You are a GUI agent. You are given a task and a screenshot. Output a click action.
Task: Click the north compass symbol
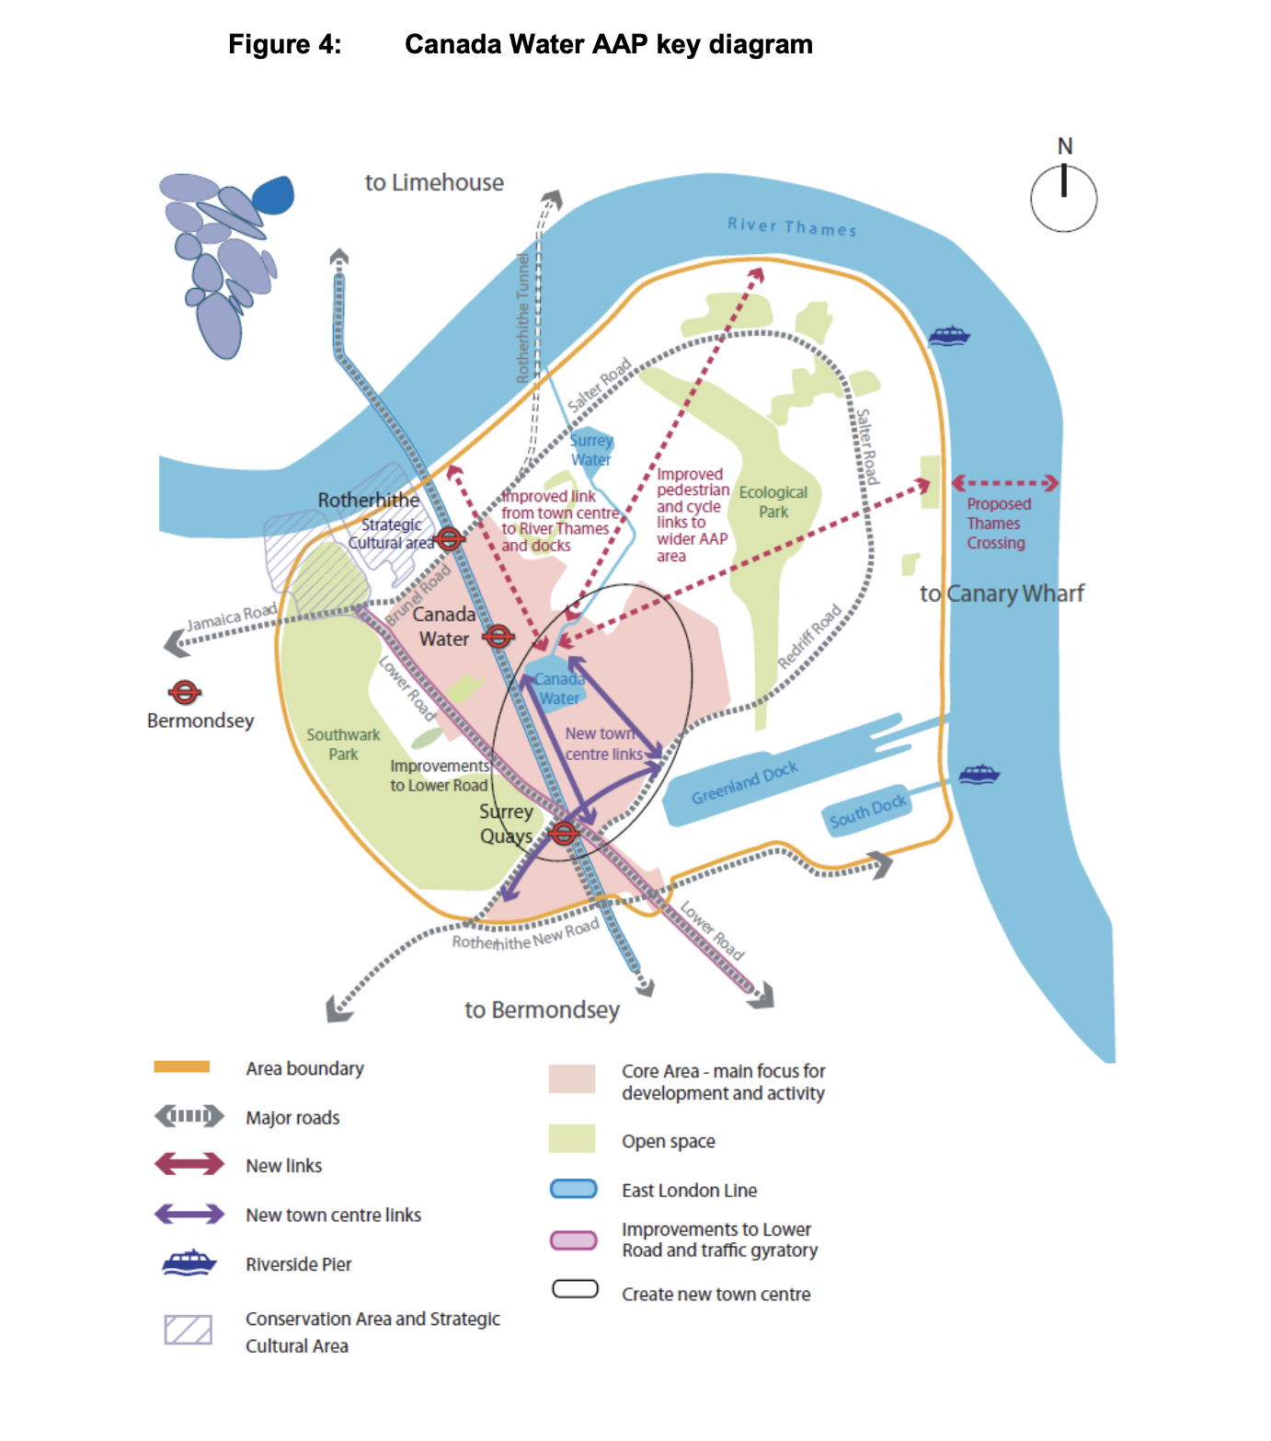tap(1063, 198)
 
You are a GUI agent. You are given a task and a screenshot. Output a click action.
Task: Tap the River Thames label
tap(792, 226)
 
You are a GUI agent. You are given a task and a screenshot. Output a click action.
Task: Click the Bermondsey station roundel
tap(185, 692)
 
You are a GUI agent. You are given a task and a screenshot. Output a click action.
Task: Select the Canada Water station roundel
tap(498, 636)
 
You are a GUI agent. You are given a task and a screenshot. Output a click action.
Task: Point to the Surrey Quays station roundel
tap(564, 834)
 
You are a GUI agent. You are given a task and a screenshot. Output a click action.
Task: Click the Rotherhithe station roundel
tap(449, 539)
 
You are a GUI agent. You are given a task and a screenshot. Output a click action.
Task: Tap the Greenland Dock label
tap(744, 783)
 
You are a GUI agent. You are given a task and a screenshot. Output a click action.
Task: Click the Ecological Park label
tap(773, 501)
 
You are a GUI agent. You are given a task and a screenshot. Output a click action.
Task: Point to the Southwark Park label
tap(343, 744)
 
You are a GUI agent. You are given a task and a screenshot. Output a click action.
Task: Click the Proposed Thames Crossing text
tap(998, 524)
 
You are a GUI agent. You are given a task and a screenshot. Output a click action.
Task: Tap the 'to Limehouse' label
tap(434, 183)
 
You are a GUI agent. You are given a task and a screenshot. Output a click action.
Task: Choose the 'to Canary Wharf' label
tap(1002, 594)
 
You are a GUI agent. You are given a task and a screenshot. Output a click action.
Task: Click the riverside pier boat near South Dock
tap(979, 774)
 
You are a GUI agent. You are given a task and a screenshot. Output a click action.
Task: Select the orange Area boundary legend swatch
tap(182, 1067)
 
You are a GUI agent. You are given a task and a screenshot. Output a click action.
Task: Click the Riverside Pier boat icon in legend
tap(189, 1262)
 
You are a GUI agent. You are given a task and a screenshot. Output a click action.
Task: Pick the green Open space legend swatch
tap(572, 1139)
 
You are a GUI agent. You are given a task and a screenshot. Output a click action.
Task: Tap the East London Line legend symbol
tap(574, 1189)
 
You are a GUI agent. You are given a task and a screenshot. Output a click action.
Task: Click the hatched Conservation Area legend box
tap(189, 1330)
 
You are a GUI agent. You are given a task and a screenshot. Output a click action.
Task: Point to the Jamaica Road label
tap(232, 617)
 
